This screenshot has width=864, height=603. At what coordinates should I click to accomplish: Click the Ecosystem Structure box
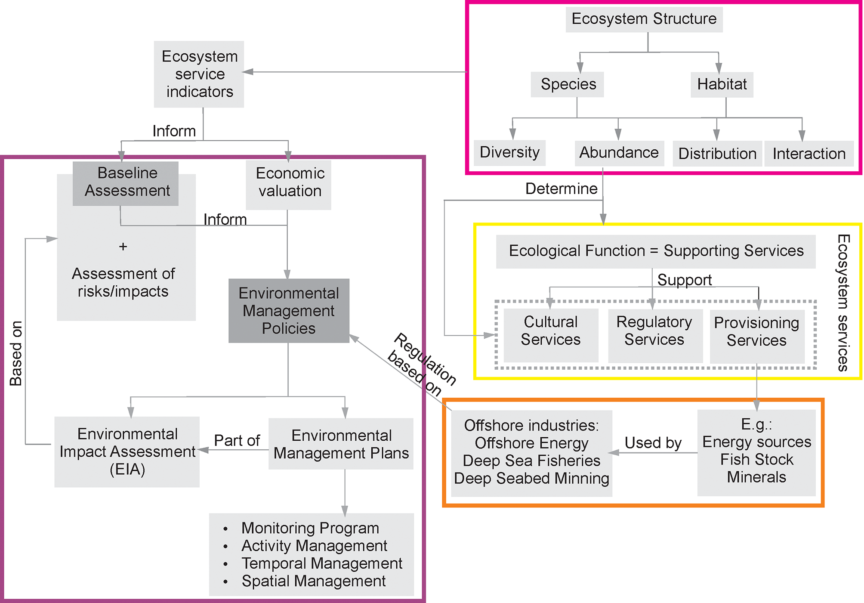click(644, 19)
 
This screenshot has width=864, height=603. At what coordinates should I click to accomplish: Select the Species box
click(568, 84)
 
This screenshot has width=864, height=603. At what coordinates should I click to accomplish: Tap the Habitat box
click(722, 84)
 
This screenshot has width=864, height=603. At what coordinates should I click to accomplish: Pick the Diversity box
click(509, 152)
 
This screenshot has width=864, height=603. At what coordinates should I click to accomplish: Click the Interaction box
click(808, 154)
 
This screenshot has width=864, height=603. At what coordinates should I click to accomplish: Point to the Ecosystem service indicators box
click(199, 74)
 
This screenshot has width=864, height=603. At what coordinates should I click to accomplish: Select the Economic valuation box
click(289, 182)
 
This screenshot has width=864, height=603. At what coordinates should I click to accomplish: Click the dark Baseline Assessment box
click(126, 182)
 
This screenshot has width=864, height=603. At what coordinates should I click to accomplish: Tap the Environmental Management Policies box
click(289, 311)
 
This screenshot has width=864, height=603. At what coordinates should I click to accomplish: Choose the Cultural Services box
click(550, 331)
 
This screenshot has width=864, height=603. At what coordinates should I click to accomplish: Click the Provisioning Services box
click(756, 332)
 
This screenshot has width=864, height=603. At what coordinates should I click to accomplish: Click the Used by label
click(653, 442)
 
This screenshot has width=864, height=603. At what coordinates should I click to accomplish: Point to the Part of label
click(237, 440)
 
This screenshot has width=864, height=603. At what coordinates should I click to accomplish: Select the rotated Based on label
click(16, 353)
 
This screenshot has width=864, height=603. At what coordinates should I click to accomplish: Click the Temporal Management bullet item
click(321, 563)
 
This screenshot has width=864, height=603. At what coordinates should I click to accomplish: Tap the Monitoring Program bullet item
click(310, 528)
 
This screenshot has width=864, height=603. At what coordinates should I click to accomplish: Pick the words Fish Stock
click(756, 459)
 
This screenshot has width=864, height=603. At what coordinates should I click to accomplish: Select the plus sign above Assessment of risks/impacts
click(123, 247)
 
